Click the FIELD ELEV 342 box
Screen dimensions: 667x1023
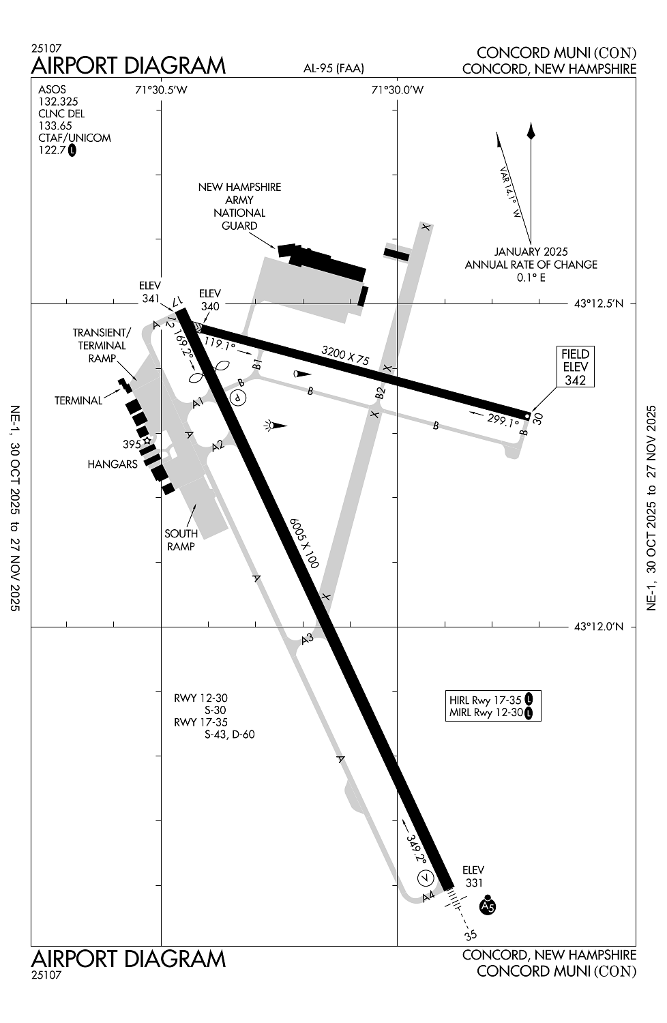pyautogui.click(x=575, y=366)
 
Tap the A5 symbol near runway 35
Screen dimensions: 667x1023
pyautogui.click(x=488, y=906)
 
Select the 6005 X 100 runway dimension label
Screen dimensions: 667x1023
pyautogui.click(x=303, y=543)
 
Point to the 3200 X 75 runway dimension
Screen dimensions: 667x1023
pyautogui.click(x=345, y=355)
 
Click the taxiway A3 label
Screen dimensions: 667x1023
pyautogui.click(x=308, y=639)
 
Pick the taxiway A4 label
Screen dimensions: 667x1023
pyautogui.click(x=428, y=897)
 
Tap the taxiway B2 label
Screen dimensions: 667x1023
pyautogui.click(x=380, y=393)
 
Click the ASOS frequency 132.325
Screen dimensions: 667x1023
pyautogui.click(x=58, y=102)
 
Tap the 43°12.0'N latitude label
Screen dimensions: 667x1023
pyautogui.click(x=599, y=626)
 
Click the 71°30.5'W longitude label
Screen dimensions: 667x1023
pyautogui.click(x=161, y=90)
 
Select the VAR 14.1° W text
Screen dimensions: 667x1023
pyautogui.click(x=510, y=192)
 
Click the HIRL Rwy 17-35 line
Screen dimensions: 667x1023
pyautogui.click(x=485, y=700)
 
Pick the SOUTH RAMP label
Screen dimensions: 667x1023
pyautogui.click(x=181, y=540)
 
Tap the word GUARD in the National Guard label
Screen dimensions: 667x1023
pyautogui.click(x=239, y=226)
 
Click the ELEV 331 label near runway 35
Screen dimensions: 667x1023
pyautogui.click(x=473, y=876)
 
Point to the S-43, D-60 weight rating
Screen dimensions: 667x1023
pyautogui.click(x=230, y=735)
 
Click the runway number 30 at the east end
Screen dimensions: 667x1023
pyautogui.click(x=538, y=418)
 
